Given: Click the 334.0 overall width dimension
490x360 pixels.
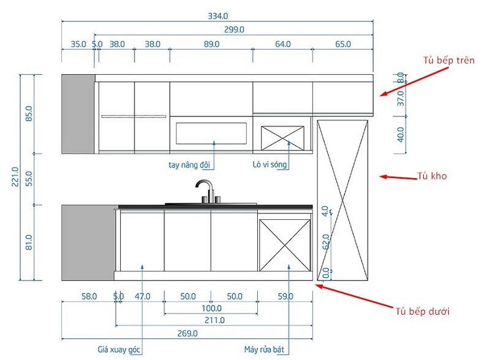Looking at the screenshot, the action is pyautogui.click(x=218, y=16).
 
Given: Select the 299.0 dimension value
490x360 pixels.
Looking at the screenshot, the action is pyautogui.click(x=234, y=29).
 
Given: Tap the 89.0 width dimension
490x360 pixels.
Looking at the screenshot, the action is pyautogui.click(x=211, y=44).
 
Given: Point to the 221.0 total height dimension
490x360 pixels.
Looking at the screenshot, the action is pyautogui.click(x=15, y=177).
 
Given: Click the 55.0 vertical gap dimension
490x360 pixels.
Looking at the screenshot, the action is pyautogui.click(x=29, y=178).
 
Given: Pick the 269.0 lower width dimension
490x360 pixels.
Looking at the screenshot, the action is pyautogui.click(x=187, y=334).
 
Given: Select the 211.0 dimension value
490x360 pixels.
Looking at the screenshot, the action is pyautogui.click(x=214, y=320).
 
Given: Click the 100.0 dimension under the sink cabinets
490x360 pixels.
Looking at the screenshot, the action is pyautogui.click(x=211, y=309).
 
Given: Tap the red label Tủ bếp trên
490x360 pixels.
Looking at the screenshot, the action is pyautogui.click(x=449, y=61).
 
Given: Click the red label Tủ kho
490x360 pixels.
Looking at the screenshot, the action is pyautogui.click(x=432, y=176).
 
